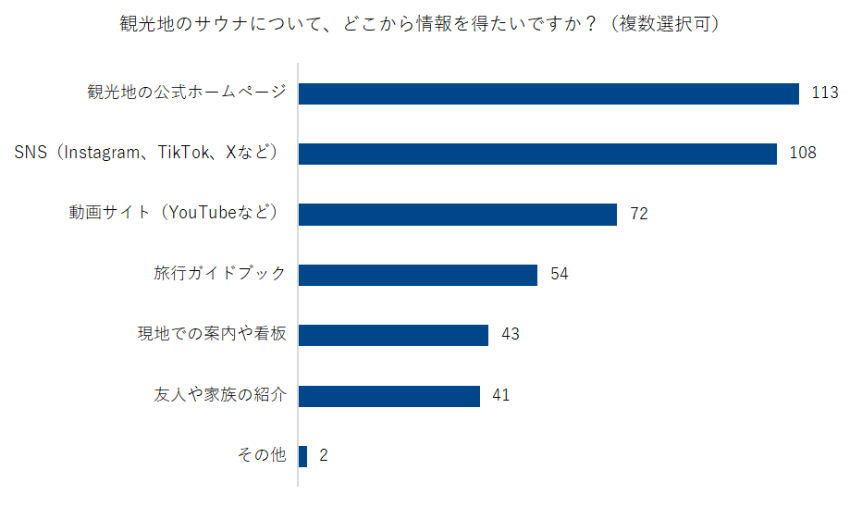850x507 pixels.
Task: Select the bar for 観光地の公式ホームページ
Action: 548,93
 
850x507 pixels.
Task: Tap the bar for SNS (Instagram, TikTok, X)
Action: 536,154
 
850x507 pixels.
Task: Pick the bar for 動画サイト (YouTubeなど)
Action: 457,215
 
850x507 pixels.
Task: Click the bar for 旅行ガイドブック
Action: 417,275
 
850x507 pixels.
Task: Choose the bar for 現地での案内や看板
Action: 393,335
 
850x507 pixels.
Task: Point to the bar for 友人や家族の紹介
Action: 388,396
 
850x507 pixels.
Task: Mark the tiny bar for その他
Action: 302,456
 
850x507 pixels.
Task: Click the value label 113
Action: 823,93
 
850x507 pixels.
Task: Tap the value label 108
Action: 802,154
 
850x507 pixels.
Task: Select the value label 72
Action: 638,215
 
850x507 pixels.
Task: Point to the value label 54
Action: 559,275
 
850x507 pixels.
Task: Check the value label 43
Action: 510,335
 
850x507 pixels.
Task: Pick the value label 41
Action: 501,396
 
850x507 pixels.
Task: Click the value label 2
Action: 324,456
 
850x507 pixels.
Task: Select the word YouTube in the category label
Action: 201,214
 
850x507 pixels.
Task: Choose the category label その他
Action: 262,456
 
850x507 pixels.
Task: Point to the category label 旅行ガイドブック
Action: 219,275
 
